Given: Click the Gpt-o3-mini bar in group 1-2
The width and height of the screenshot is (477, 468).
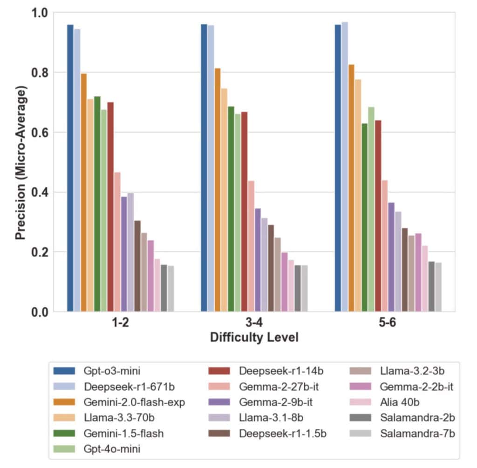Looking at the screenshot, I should (70, 168).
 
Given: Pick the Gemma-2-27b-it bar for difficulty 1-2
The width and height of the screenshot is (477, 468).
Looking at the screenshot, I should (117, 242).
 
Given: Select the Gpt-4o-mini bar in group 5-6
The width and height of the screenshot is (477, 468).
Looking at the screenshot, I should (371, 209).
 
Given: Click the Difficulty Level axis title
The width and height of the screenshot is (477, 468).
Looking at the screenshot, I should (254, 338).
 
